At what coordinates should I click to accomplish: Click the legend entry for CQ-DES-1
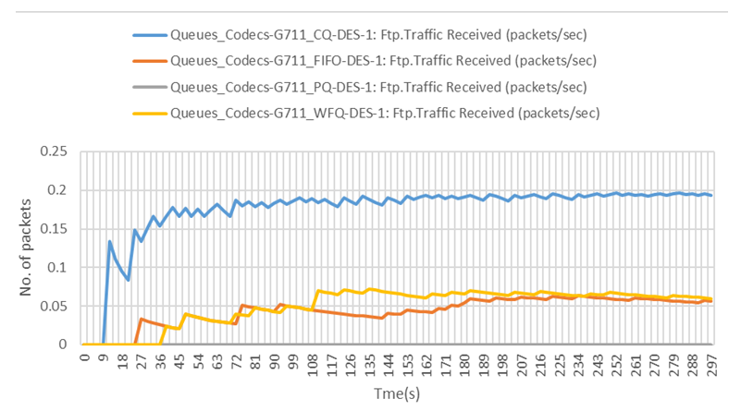coord(379,36)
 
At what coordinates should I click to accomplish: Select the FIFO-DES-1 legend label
coord(383,62)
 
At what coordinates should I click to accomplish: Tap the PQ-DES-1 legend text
coord(377,88)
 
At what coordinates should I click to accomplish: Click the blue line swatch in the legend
coord(148,36)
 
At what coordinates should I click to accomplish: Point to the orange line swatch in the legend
coord(148,62)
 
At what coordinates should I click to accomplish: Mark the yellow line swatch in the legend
coord(148,114)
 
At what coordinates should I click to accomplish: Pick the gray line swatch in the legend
coord(148,88)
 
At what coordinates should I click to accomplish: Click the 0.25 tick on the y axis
coord(55,151)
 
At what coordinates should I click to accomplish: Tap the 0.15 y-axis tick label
coord(55,229)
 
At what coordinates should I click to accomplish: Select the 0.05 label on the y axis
coord(55,306)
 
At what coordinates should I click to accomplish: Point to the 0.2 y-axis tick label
coord(58,190)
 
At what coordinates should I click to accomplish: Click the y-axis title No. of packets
coord(26,248)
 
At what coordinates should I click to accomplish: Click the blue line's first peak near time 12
coord(109,242)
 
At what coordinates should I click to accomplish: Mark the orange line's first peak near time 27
coord(142,320)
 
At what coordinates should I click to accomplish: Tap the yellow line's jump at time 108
coord(318,291)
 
